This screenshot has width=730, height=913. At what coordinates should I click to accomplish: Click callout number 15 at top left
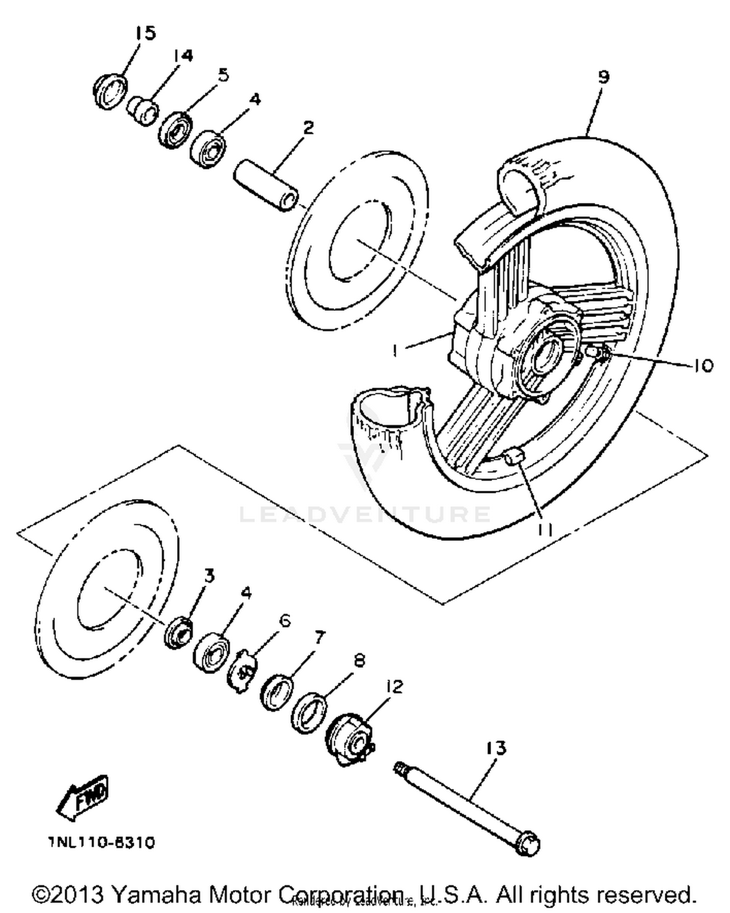point(145,33)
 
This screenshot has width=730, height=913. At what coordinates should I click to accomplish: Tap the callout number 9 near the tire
point(603,77)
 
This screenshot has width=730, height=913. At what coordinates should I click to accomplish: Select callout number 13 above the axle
point(495,748)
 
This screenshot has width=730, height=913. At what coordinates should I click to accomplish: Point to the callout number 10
point(702,365)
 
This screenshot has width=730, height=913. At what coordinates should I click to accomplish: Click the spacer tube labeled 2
point(267,187)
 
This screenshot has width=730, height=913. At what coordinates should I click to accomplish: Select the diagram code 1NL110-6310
point(101,842)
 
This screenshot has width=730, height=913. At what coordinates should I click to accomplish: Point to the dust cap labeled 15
point(110,91)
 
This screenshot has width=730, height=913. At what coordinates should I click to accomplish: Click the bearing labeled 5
point(175,130)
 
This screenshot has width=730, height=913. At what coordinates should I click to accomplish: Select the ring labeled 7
point(277,692)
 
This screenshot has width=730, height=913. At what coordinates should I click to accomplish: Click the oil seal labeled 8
point(308,714)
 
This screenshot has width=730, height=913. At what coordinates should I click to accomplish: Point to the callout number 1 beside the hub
point(395,350)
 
